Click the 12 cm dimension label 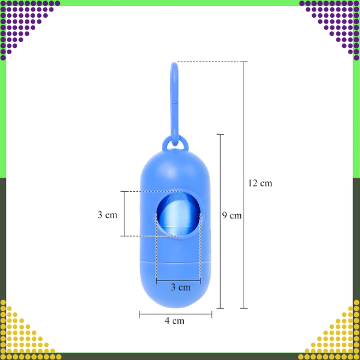(260, 183)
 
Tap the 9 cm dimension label (232, 215)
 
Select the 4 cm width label (175, 320)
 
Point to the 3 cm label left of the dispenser (108, 215)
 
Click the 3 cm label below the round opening (181, 287)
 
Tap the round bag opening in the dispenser (178, 214)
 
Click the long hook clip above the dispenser (175, 104)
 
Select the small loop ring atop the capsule (175, 142)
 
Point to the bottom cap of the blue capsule (176, 284)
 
